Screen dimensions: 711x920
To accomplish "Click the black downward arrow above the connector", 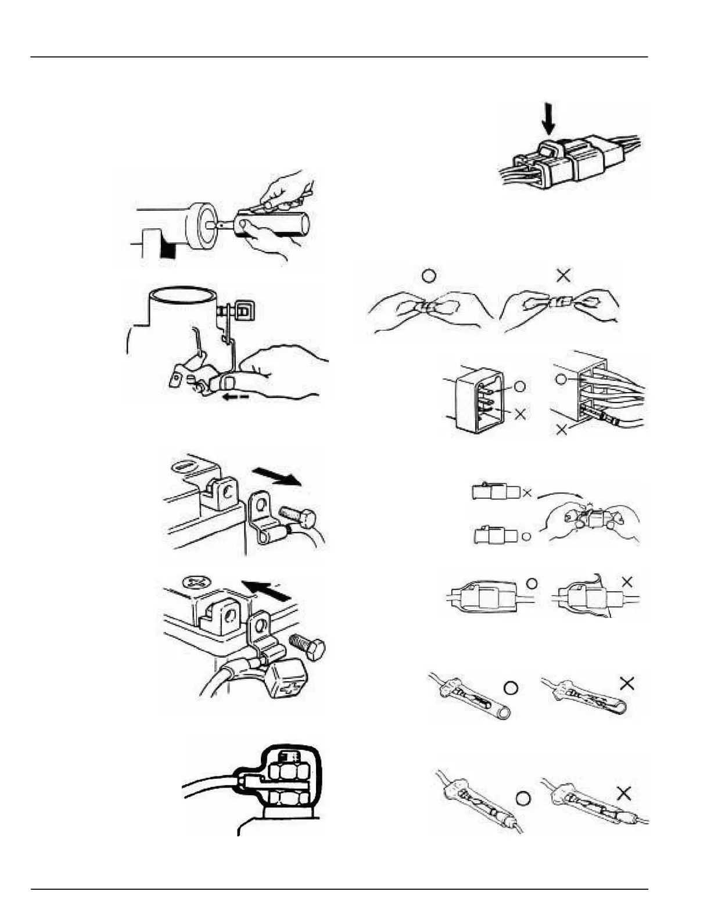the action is pos(548,119).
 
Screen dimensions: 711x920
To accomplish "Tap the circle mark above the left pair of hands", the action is pos(429,275).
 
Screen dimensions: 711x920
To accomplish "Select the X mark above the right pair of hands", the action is pos(563,275).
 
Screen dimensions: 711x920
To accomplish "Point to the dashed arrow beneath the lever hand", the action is pos(238,397).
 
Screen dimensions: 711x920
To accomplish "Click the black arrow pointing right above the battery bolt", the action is pos(277,477).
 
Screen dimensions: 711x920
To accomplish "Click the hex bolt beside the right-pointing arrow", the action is pos(297,515).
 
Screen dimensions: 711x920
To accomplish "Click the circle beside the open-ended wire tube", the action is pos(511,688).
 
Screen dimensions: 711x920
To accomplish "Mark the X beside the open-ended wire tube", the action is pos(627,684).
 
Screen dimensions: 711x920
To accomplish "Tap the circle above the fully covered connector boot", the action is pos(531,583).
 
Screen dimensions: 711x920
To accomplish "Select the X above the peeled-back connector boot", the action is pos(627,581).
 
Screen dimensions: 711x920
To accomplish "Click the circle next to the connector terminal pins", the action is pos(520,386).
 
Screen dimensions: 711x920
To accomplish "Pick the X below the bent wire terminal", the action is pos(562,431).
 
